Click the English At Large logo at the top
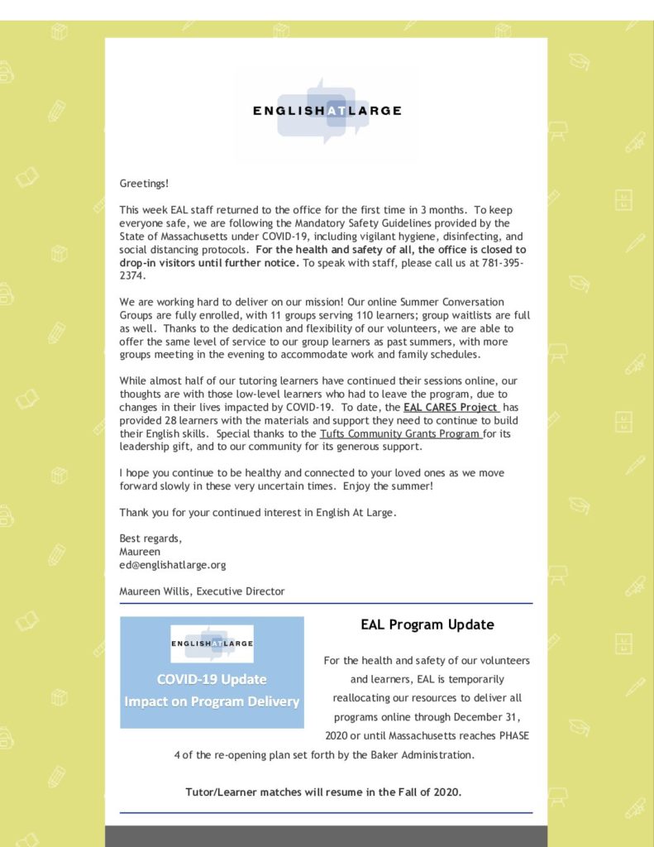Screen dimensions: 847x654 pos(327,110)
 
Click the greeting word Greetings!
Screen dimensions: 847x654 pos(144,183)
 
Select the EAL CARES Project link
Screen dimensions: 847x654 pos(451,408)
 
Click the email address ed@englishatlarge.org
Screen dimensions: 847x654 pos(172,565)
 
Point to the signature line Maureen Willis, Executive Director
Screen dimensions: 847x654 pos(202,591)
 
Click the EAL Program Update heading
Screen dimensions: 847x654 pos(427,624)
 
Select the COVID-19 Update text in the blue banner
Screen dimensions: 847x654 pos(212,680)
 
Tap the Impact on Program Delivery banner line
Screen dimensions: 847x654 pos(212,701)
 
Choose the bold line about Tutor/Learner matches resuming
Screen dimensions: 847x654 pos(323,792)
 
